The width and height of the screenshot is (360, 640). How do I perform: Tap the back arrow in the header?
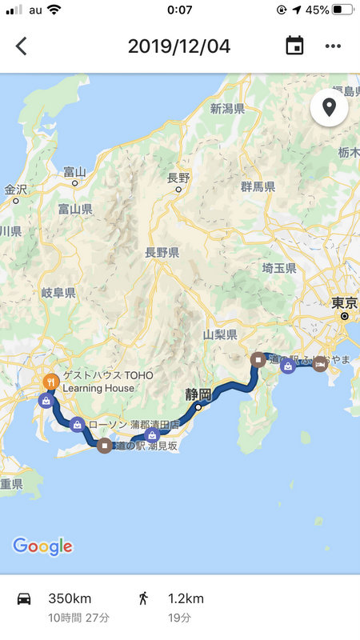(22, 46)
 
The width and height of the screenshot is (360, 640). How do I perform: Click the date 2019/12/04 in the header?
(179, 46)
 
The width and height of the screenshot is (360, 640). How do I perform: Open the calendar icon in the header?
(294, 46)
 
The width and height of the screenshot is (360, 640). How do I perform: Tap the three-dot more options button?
(333, 46)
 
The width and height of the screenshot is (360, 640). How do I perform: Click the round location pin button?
(329, 107)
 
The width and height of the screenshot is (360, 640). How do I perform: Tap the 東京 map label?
(344, 303)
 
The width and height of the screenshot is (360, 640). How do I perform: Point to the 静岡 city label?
(198, 394)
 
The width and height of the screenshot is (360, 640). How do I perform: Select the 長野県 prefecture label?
(162, 252)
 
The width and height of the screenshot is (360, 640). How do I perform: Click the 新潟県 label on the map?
(227, 109)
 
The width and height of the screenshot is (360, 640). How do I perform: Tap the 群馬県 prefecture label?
(258, 186)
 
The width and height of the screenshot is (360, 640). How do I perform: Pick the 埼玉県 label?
(279, 269)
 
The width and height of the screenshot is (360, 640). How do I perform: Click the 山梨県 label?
(220, 334)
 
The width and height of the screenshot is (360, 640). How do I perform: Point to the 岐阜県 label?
(58, 294)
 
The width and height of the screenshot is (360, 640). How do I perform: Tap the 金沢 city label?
(15, 190)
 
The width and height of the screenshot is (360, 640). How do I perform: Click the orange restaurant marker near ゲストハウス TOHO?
(50, 382)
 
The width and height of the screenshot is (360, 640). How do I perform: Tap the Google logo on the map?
(42, 546)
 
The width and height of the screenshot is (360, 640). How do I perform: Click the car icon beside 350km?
(24, 598)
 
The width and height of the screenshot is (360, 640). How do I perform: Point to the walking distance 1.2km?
(185, 598)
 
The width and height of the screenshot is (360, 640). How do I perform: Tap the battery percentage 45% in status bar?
(317, 10)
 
